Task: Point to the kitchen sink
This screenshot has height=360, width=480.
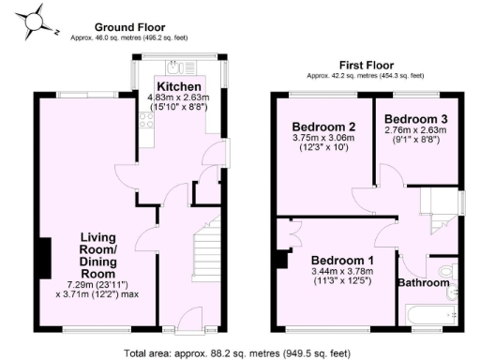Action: point(175,67)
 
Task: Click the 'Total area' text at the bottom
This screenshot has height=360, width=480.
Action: point(240,352)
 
